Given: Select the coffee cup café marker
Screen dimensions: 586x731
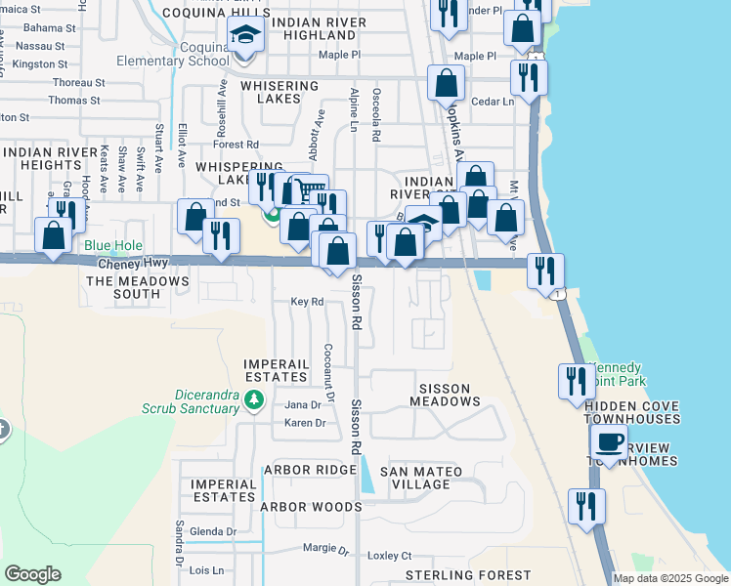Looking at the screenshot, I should click(611, 442).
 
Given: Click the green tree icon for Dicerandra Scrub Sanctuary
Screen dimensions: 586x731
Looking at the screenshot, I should click(254, 399).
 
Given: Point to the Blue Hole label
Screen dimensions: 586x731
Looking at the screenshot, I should click(112, 246).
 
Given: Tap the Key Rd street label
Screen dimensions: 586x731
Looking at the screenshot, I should click(307, 302).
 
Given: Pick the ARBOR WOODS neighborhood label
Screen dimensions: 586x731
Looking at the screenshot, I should click(311, 507).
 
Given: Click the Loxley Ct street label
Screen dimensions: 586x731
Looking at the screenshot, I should click(391, 555).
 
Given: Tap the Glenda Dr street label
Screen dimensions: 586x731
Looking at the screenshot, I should click(213, 531).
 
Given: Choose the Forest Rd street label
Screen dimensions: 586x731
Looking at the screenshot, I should click(236, 144).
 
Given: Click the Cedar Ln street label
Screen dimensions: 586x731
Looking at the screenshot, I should click(493, 102).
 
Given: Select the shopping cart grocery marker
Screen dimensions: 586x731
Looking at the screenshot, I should click(310, 190).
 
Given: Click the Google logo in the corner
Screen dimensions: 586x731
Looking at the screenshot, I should click(32, 574).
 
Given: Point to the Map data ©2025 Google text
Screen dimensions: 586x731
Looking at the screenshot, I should click(670, 578).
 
